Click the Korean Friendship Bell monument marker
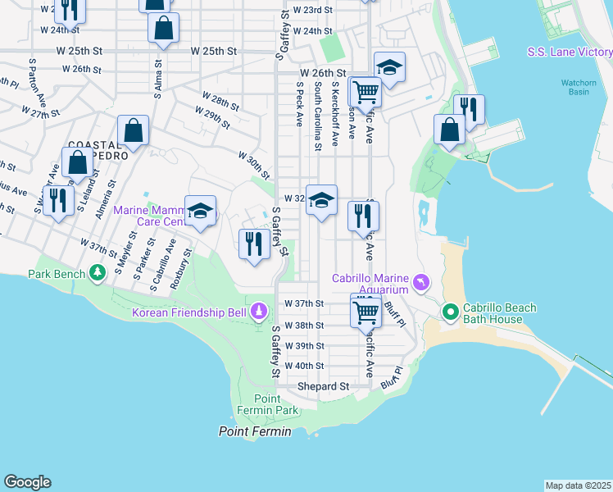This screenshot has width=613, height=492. click(x=260, y=312)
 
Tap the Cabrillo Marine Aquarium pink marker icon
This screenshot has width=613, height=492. click(x=421, y=283)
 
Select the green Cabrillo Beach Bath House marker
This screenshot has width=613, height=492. click(x=450, y=312)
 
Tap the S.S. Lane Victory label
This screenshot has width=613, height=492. click(x=569, y=52)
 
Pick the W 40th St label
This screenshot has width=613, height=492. click(x=304, y=366)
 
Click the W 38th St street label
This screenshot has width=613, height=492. click(x=304, y=325)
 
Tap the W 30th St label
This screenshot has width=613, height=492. click(x=254, y=165)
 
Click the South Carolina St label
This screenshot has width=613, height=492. click(x=317, y=115)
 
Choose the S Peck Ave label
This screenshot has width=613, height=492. click(x=299, y=103)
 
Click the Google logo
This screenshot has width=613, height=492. click(x=27, y=482)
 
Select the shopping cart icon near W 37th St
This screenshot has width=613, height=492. click(x=366, y=311)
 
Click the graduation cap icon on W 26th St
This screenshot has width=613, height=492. click(x=389, y=67)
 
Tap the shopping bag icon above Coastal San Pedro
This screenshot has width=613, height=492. click(x=133, y=130)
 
